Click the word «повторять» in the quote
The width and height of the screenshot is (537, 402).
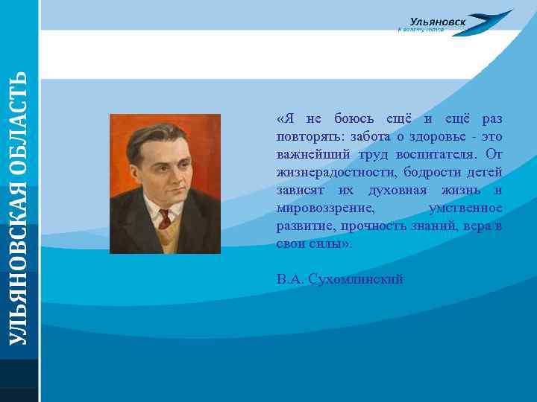coord(303,137)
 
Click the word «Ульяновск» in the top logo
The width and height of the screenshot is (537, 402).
coord(438,22)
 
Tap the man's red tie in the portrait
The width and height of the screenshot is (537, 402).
coord(165,218)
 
